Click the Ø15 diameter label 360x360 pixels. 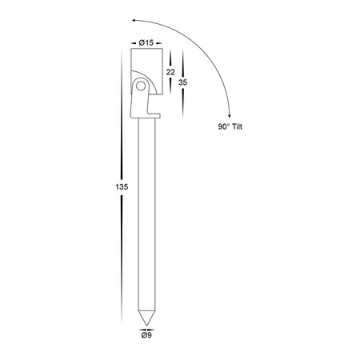(146, 42)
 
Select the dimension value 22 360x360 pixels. (170, 72)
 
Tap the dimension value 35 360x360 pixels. (183, 82)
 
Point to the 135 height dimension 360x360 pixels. (122, 187)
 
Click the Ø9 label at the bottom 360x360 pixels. (146, 335)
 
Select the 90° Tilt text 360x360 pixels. (230, 126)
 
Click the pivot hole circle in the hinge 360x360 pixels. (141, 86)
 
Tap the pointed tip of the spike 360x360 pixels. (146, 326)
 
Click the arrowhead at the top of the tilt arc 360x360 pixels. (134, 20)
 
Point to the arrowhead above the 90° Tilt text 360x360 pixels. (229, 114)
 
